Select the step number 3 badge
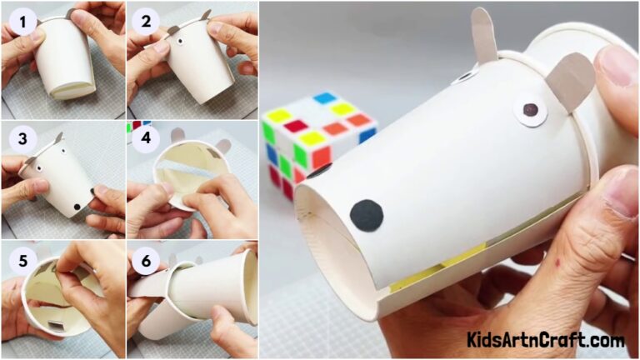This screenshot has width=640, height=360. click(x=24, y=137)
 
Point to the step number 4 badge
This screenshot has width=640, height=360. click(x=145, y=137)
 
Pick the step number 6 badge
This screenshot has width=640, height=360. click(x=145, y=261)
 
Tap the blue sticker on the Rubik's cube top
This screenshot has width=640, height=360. click(x=326, y=98)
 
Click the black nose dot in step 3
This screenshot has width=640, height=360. click(x=77, y=205)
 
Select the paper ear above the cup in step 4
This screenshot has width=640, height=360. click(x=222, y=146)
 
